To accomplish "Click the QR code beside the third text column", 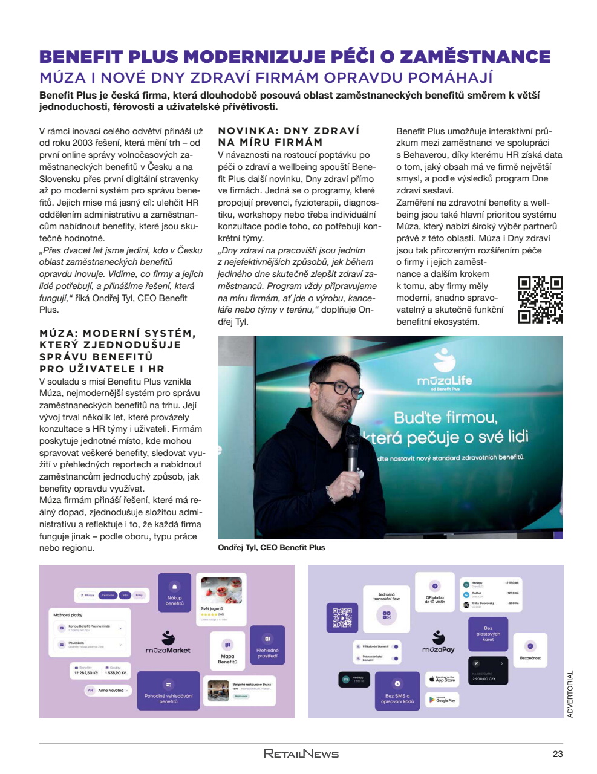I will (x=540, y=299).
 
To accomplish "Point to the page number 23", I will (x=557, y=753).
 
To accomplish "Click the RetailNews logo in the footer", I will (x=301, y=753).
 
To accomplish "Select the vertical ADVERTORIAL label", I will (x=570, y=694).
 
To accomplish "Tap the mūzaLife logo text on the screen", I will (x=445, y=381).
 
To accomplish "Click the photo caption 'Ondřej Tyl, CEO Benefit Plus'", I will (x=272, y=548).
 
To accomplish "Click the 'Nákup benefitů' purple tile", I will (x=175, y=593).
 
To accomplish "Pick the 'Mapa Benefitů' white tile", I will (x=227, y=651).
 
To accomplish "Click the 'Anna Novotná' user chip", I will (x=108, y=690).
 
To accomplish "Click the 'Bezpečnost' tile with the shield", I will (x=530, y=649).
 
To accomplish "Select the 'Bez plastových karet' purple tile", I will (x=488, y=633).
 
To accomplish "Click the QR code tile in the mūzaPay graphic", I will (x=342, y=618).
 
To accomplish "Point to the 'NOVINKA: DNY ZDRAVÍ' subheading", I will (x=289, y=131).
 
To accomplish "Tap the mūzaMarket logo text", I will (x=168, y=651).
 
